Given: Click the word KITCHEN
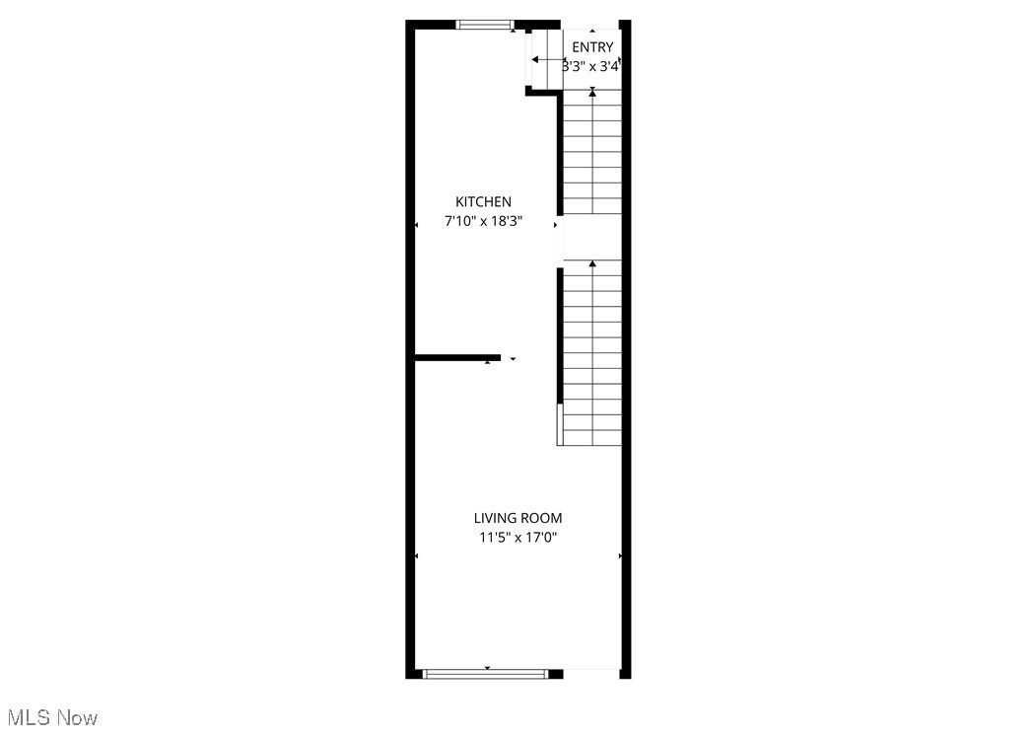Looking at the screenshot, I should coord(483,202).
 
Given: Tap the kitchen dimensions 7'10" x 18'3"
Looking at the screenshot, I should coord(483,222).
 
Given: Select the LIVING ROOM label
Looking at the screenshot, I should coord(518,518).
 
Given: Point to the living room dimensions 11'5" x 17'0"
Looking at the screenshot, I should coord(518,538).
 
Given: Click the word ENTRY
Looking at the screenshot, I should coord(592,47).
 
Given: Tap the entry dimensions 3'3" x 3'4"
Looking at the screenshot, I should coord(591,67).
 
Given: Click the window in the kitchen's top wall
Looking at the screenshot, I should coord(485,25).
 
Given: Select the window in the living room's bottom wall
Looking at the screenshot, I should coord(485,674).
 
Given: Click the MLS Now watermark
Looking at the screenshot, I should coord(51,718).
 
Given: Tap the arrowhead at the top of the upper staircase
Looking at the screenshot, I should coord(592,92).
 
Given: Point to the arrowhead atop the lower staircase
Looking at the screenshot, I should coord(592,263).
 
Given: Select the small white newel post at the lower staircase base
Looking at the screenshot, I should coord(560,424).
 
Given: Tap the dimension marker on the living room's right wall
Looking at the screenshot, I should coord(620,556).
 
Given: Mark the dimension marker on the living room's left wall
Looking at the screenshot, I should coord(417,556).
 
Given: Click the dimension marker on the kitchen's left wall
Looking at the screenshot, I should coord(417,226).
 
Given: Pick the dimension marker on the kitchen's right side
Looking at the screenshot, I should coord(555,226).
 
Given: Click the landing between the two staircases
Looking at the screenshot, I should coord(592,237).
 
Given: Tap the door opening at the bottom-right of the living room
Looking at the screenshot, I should coord(591,673).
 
